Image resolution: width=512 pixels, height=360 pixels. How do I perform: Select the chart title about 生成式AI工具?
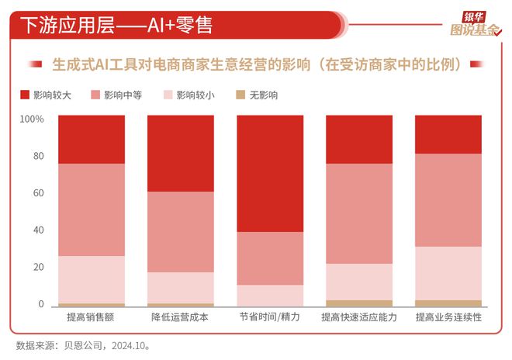[256, 64]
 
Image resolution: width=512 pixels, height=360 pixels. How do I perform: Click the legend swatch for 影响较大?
[24, 95]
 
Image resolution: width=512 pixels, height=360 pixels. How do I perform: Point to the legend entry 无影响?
[262, 95]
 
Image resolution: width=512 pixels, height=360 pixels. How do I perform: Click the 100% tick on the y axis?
[31, 119]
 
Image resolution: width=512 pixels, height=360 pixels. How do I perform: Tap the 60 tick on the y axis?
[36, 193]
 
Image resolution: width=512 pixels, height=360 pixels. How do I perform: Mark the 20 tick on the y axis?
[36, 268]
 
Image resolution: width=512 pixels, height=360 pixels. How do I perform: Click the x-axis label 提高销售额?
[91, 318]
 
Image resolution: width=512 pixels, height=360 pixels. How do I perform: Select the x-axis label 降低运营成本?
[180, 318]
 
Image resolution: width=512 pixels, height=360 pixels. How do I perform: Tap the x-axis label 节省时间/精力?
[269, 318]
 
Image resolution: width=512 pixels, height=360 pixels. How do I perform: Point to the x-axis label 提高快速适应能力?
[358, 318]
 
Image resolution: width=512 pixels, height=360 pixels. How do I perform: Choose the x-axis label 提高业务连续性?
[448, 318]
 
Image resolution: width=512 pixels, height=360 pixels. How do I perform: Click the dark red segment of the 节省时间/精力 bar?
[269, 173]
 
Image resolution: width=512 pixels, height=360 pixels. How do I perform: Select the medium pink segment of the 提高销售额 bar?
[91, 209]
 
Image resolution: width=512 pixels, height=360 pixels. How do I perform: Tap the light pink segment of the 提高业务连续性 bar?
[448, 273]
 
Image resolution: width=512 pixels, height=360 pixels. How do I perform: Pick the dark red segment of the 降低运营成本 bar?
[180, 153]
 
